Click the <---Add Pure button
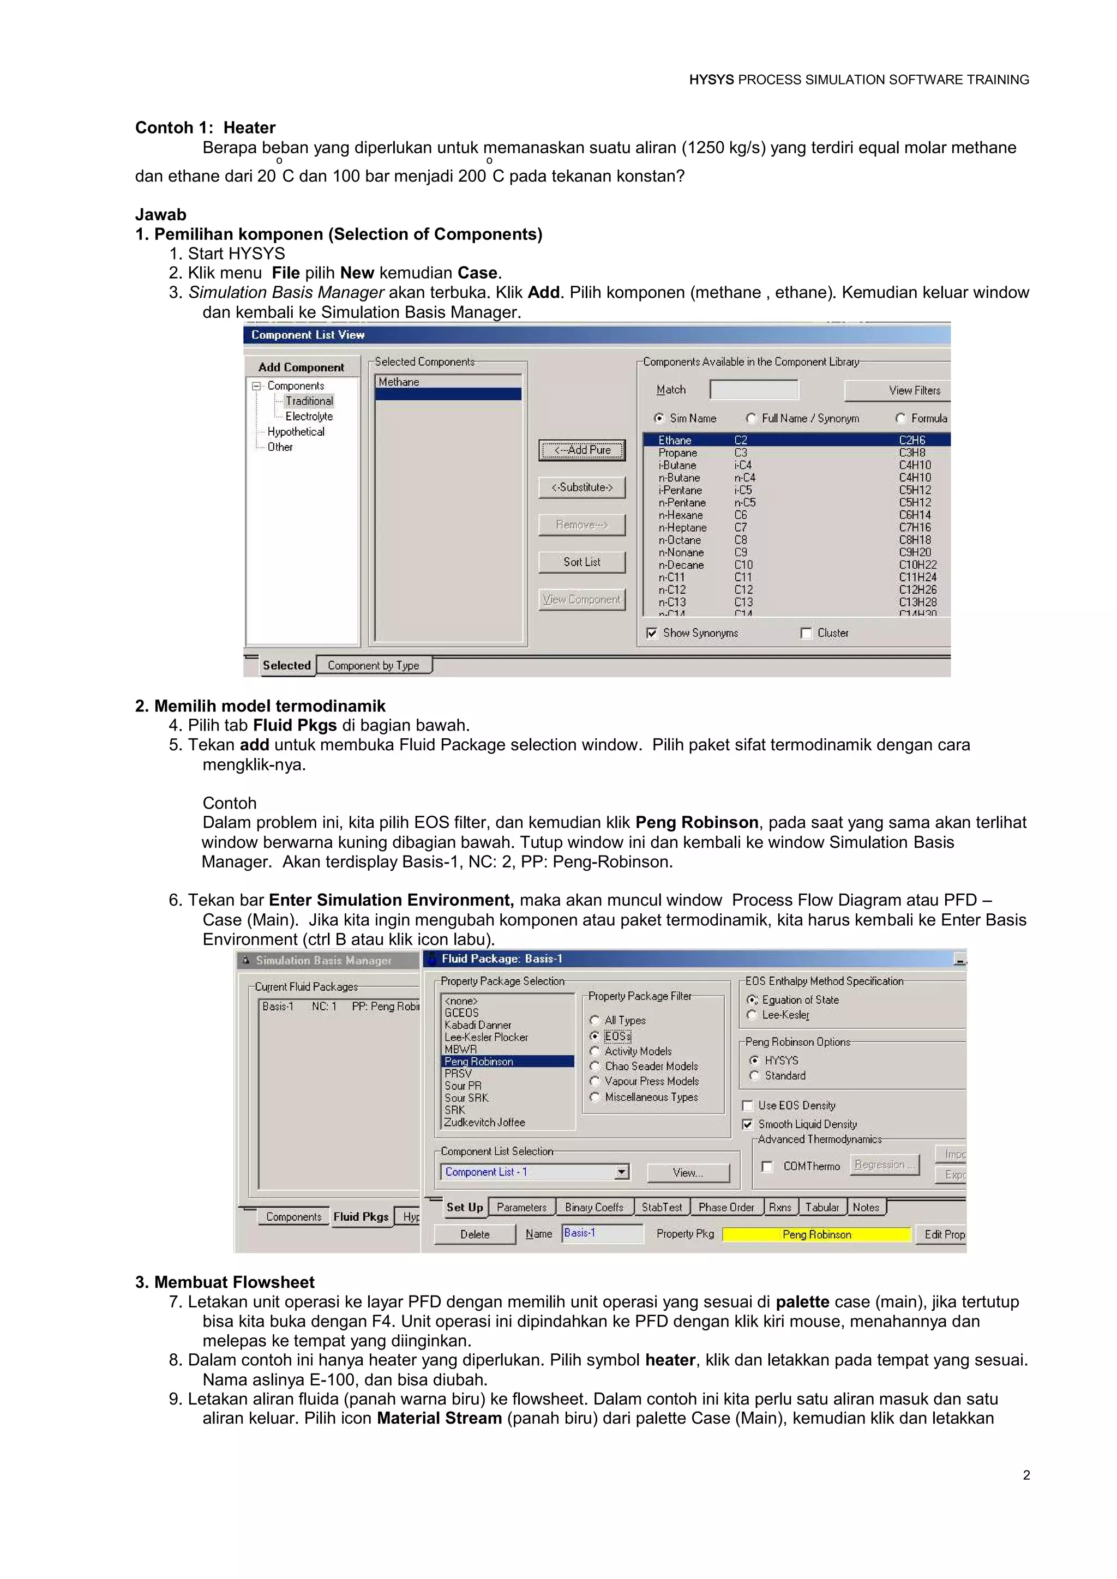click(582, 450)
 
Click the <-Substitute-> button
click(582, 487)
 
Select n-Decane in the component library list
click(681, 565)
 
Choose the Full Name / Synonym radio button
click(752, 418)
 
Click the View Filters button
click(897, 390)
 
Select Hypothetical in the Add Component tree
click(296, 432)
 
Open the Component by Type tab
click(374, 666)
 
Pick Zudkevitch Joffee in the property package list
click(485, 1122)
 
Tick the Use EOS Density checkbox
click(748, 1106)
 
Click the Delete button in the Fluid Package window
click(475, 1234)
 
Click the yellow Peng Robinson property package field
click(816, 1234)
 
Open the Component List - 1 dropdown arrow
click(622, 1172)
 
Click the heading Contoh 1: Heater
click(205, 128)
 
